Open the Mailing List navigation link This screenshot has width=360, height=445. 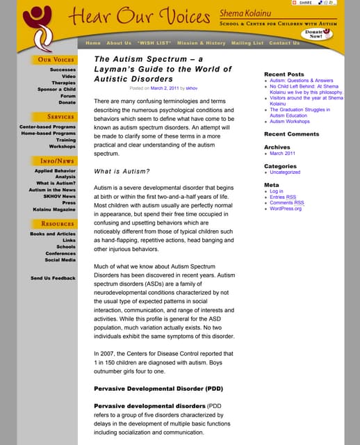[x=247, y=43]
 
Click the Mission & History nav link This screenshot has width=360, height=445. [x=202, y=43]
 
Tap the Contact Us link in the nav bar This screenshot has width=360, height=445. [x=284, y=43]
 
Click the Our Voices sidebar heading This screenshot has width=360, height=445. [x=56, y=60]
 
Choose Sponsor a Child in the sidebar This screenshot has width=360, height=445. [x=57, y=89]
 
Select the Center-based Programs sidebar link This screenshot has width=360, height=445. [x=48, y=127]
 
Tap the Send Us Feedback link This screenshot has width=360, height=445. [x=53, y=278]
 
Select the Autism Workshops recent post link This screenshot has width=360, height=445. [x=290, y=122]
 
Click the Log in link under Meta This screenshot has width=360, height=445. [x=276, y=191]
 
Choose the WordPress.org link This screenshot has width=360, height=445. [x=286, y=208]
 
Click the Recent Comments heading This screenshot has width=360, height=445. [x=291, y=134]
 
